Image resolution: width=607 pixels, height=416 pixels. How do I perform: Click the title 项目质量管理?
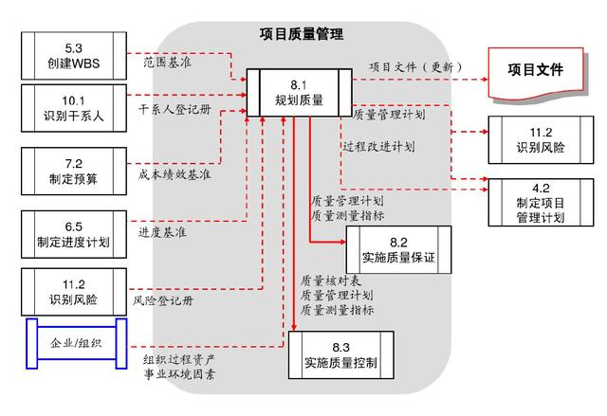coord(302,35)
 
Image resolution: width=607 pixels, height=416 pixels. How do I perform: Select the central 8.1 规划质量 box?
coord(300,92)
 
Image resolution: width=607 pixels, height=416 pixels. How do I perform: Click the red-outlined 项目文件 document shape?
coord(534,71)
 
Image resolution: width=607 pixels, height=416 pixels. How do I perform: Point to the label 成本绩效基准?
coord(175,174)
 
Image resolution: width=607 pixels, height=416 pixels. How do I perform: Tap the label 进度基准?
coord(162,230)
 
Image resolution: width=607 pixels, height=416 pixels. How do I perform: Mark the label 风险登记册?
coord(163,301)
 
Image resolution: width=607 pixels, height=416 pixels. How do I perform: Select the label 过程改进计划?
coord(378,147)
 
